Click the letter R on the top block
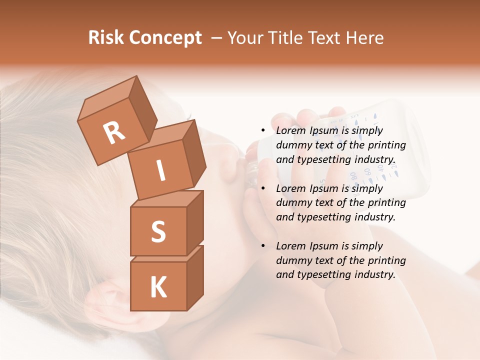(114, 132)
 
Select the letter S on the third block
(158, 231)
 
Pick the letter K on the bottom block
(158, 287)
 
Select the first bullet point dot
(263, 131)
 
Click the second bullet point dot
(263, 188)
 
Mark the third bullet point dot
(263, 246)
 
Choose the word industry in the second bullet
(370, 217)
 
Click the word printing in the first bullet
(387, 145)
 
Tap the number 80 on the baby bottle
(352, 175)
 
